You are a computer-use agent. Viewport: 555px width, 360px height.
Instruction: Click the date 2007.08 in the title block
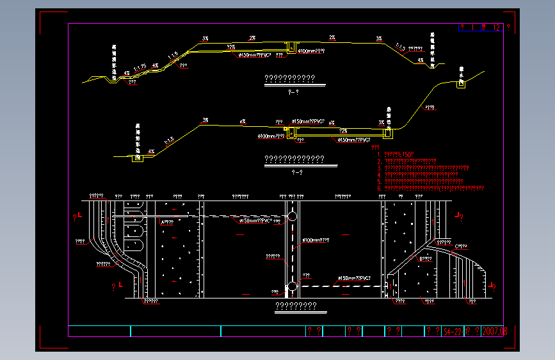[495, 331]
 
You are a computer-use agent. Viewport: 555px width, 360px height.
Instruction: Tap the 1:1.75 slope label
[140, 66]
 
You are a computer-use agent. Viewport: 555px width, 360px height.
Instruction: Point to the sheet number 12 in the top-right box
[495, 28]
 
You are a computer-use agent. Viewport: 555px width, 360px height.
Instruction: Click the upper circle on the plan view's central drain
[292, 217]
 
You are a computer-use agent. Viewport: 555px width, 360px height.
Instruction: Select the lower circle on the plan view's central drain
[292, 286]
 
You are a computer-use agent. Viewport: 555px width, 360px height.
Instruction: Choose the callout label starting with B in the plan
[424, 258]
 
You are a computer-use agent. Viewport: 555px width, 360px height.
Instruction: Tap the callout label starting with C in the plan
[461, 245]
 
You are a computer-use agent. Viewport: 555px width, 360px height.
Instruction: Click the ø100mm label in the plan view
[316, 241]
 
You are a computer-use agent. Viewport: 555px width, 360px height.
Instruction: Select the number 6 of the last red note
[379, 188]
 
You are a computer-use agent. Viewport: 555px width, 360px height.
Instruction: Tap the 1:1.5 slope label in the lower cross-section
[169, 140]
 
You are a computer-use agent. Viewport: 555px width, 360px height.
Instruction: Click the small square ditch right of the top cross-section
[460, 85]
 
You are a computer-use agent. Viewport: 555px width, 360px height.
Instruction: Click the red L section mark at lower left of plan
[120, 284]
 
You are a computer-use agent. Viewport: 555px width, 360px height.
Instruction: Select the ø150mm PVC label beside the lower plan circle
[353, 278]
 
